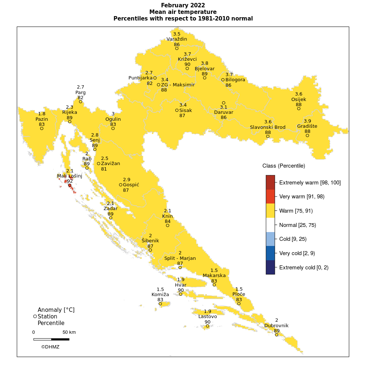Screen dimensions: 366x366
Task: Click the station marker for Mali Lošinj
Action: pos(70,185)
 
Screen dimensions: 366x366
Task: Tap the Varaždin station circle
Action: pos(177,48)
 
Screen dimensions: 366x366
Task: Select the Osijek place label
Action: pos(299,99)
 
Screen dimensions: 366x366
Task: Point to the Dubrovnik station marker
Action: pos(277,335)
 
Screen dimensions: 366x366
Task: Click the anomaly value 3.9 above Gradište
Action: pos(307,121)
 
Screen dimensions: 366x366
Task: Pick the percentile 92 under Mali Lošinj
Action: pos(70,181)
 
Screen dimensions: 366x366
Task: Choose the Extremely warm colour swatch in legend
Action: pos(270,182)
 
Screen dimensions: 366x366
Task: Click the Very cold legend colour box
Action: pos(270,253)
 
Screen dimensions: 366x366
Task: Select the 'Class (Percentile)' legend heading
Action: pos(284,166)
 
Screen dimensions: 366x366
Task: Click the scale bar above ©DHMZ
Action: pos(51,339)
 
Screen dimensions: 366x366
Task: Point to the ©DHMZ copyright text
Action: pos(50,347)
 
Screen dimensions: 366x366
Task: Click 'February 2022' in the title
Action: pos(183,5)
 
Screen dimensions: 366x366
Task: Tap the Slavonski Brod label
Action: pos(268,127)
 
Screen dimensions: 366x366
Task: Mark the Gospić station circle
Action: pos(121,185)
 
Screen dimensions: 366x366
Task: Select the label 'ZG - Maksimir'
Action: pos(178,85)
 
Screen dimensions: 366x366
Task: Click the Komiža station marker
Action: pos(160,303)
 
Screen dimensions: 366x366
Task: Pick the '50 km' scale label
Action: pos(69,332)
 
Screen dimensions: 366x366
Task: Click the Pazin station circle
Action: pos(42,128)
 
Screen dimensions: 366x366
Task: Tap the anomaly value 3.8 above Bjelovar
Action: pos(205,63)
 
